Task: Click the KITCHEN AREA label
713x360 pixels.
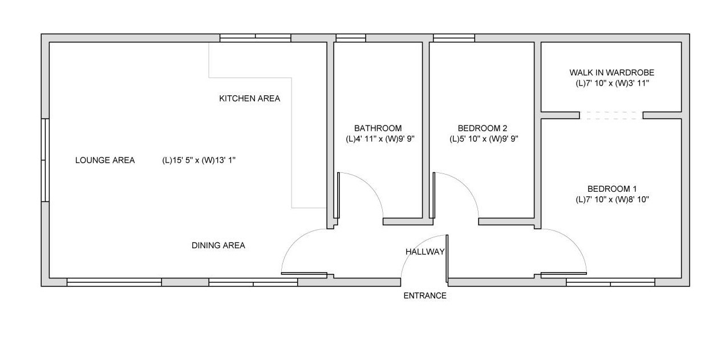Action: (250, 99)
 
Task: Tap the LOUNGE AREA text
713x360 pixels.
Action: (105, 160)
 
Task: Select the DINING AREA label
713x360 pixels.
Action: (218, 245)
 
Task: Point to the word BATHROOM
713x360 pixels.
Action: (378, 128)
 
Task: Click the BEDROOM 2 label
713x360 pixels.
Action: (482, 128)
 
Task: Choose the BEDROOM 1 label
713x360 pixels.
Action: (612, 189)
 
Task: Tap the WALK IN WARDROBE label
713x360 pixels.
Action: (612, 72)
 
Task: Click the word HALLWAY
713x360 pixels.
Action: (425, 252)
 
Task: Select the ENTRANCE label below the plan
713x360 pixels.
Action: (425, 296)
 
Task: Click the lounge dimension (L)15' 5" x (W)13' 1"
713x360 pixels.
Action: (199, 160)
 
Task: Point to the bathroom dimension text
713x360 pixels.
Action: (380, 139)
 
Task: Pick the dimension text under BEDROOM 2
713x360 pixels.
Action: (484, 139)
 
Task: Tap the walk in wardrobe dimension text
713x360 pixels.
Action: (612, 83)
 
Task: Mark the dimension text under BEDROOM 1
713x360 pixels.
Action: (612, 200)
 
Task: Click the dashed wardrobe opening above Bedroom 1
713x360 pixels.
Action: (611, 115)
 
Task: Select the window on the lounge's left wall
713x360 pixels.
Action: (45, 160)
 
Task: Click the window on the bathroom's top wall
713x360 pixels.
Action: (351, 38)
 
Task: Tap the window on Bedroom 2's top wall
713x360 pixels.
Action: (454, 38)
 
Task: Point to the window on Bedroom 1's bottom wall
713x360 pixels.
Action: (610, 282)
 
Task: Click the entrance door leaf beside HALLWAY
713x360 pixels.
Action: (447, 258)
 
